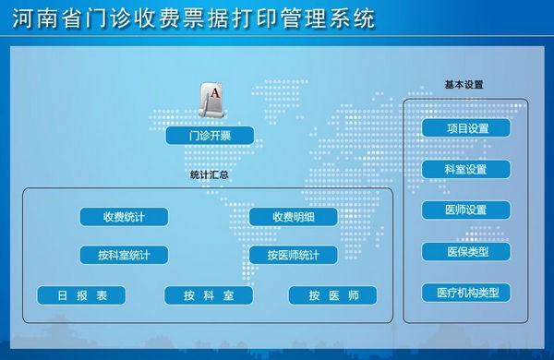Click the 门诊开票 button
coord(210,137)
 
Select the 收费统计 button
coord(123,217)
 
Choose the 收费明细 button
coord(293,217)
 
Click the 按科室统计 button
coord(123,255)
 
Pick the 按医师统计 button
coord(293,255)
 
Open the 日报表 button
coord(80,295)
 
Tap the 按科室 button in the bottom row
coord(209,295)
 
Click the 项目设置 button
coord(466,128)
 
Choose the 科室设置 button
coord(466,170)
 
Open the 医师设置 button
coord(466,210)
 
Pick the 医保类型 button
coord(466,251)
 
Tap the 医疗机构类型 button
coord(466,293)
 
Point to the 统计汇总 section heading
coord(209,174)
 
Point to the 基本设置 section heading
coord(464,84)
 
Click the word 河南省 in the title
coord(41,18)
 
